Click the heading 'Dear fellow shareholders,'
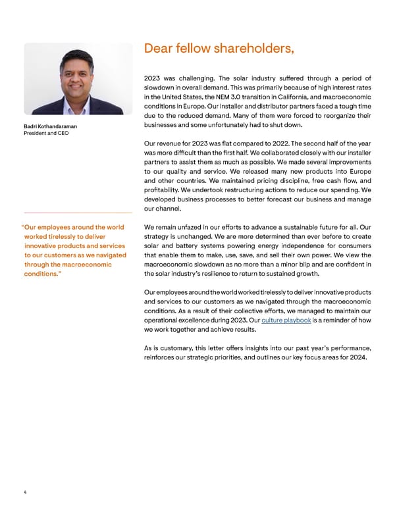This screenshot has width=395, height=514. [218, 48]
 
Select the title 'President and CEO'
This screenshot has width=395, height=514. [43, 134]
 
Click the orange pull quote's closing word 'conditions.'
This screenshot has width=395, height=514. [43, 274]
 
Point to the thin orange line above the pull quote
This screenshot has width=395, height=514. [78, 213]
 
